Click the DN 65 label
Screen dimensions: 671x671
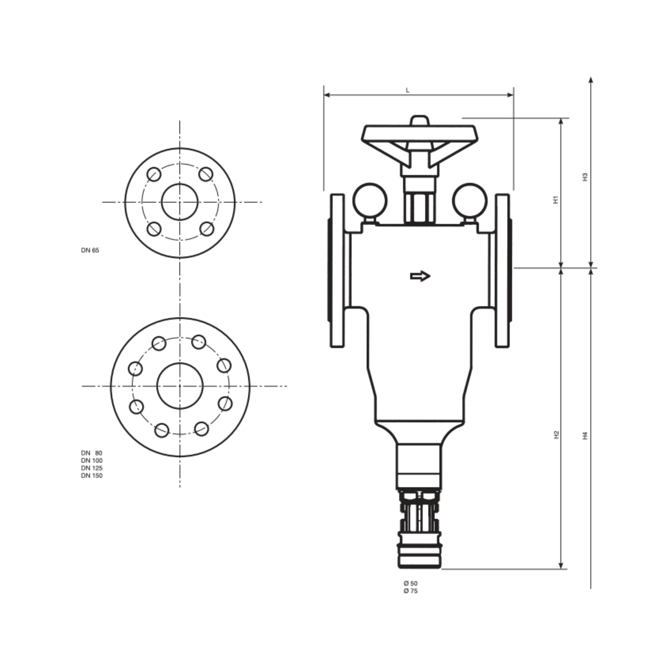click(x=90, y=250)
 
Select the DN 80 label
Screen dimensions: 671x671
click(x=92, y=453)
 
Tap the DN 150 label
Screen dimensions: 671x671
click(x=92, y=475)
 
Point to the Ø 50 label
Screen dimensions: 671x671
click(x=410, y=584)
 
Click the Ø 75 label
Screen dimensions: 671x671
click(x=410, y=591)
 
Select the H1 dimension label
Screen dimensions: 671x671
click(x=555, y=200)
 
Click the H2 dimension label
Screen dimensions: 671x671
click(x=556, y=434)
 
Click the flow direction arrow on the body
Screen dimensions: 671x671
click(x=420, y=276)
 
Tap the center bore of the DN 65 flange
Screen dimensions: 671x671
click(x=180, y=202)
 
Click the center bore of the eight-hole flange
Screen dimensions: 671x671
click(x=180, y=386)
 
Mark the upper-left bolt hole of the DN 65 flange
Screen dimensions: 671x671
click(x=154, y=174)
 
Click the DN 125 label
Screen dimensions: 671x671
click(x=92, y=468)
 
